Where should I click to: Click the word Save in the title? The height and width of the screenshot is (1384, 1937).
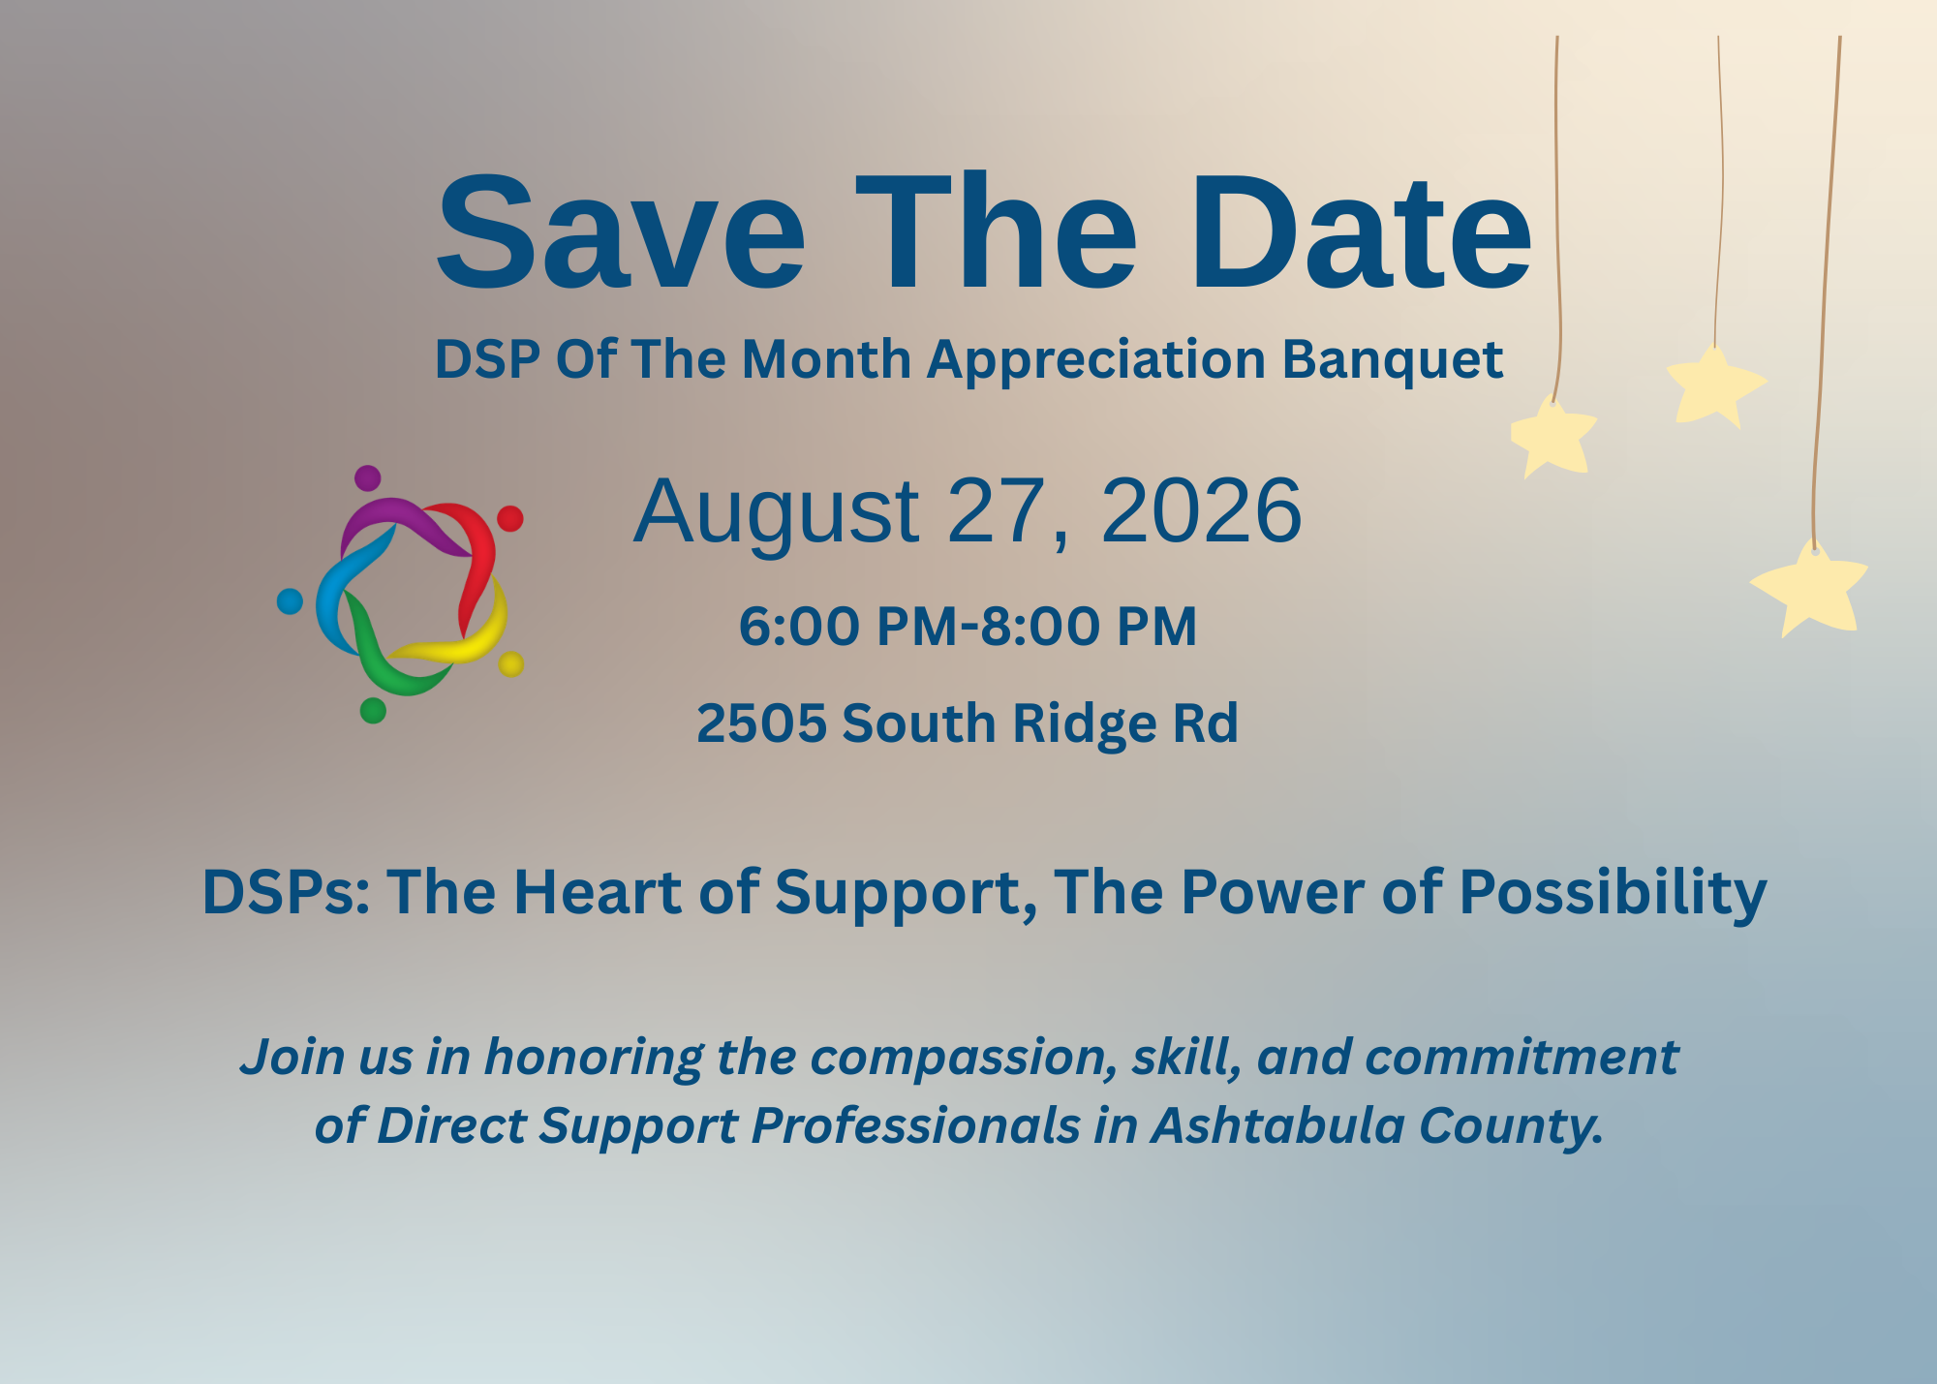click(621, 232)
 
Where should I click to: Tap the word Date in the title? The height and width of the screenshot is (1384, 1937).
click(1361, 232)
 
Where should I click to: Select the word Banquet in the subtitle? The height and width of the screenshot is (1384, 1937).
click(1393, 360)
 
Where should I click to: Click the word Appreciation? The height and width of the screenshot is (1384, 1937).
click(1096, 360)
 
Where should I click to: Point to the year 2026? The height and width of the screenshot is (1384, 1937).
click(1201, 510)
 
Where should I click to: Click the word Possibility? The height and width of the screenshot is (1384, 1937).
click(1613, 893)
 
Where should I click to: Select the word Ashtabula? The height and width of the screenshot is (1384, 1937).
click(1278, 1125)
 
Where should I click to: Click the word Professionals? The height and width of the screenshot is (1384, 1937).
click(915, 1125)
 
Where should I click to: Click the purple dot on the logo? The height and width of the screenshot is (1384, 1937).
click(367, 478)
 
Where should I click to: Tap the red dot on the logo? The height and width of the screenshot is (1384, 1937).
click(510, 518)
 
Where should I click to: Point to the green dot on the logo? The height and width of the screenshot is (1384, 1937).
click(373, 711)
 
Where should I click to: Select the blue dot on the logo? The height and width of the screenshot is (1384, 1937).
click(290, 601)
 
